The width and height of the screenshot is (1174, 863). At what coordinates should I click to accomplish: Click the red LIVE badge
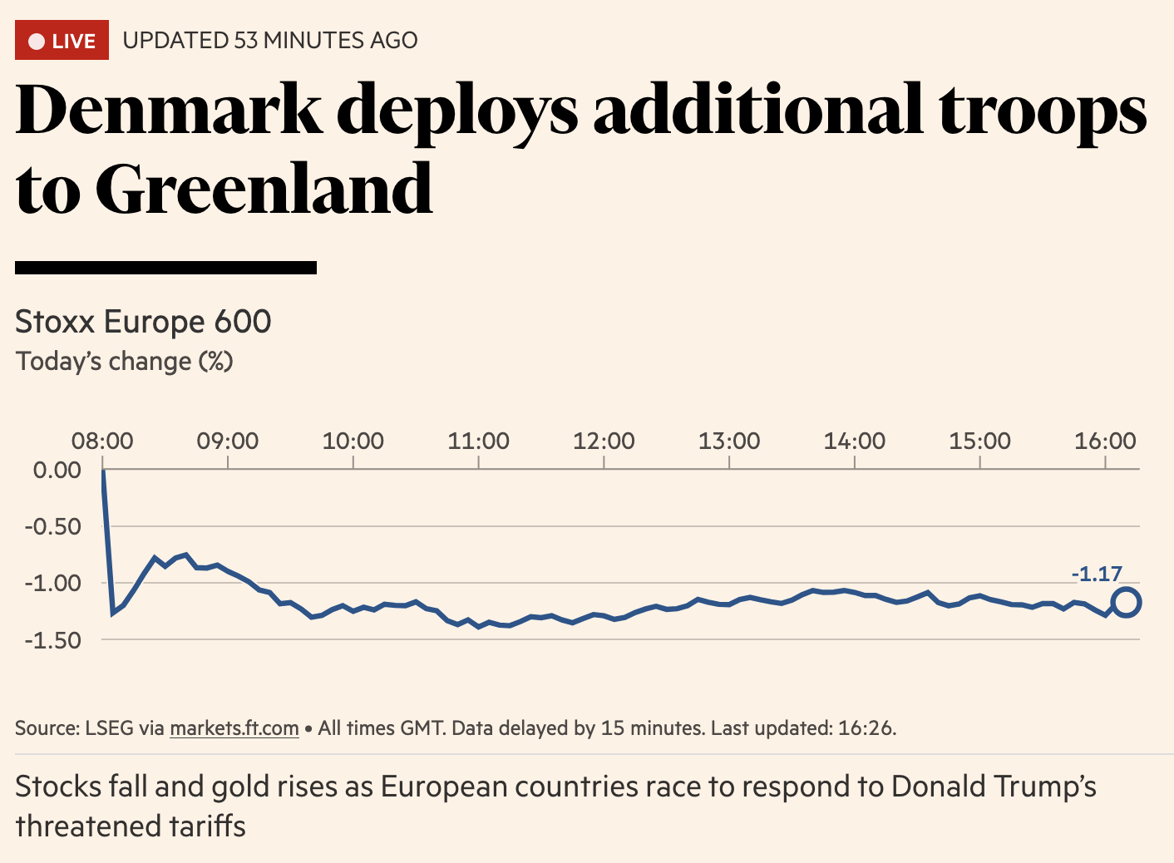click(x=62, y=40)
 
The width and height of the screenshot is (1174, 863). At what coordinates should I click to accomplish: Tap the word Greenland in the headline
click(x=264, y=189)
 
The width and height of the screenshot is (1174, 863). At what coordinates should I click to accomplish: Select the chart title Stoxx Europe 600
click(x=143, y=322)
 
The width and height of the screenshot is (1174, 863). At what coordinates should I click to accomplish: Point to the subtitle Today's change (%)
click(x=124, y=362)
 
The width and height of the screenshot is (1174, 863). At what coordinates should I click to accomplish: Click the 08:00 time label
click(x=102, y=441)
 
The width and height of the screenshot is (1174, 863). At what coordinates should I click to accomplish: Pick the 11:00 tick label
click(x=478, y=441)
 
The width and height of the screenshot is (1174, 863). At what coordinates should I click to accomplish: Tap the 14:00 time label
click(x=854, y=441)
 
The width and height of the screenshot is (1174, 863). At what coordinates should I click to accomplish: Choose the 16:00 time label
click(x=1105, y=441)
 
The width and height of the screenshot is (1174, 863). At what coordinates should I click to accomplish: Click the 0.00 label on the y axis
click(x=57, y=470)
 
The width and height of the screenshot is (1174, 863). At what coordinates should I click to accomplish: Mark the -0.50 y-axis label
click(x=53, y=526)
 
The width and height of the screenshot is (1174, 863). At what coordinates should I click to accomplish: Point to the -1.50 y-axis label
click(x=53, y=640)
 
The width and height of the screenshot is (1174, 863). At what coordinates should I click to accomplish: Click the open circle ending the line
click(x=1126, y=602)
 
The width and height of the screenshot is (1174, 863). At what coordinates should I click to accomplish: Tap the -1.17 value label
click(x=1097, y=574)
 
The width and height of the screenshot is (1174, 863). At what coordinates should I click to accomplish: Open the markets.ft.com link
click(x=234, y=728)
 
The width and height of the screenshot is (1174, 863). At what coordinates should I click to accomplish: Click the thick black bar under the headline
click(x=165, y=267)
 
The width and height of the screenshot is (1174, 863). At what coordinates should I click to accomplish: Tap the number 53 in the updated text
click(x=246, y=40)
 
